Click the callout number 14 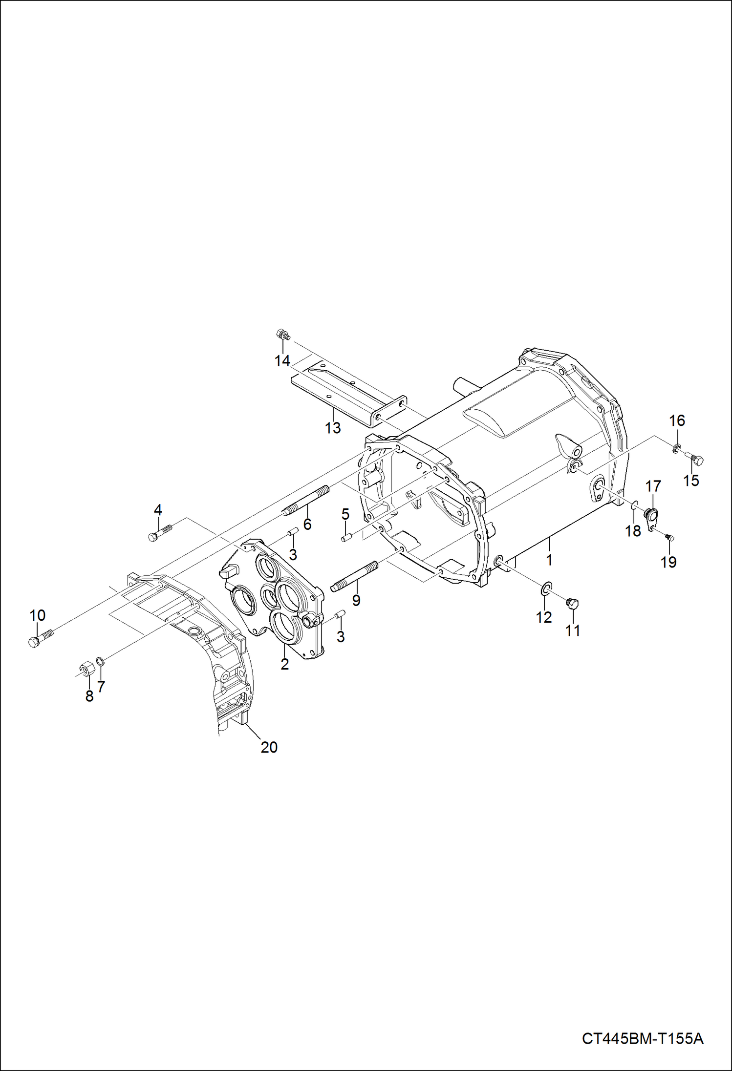[x=282, y=361]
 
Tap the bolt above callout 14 [x=282, y=335]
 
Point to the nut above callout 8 [x=87, y=668]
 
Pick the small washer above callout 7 [x=100, y=661]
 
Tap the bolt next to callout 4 [x=160, y=532]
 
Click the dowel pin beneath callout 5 [x=346, y=538]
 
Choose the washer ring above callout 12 [x=546, y=589]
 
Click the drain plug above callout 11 [x=572, y=604]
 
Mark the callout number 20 [x=269, y=747]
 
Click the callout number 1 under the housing [x=549, y=560]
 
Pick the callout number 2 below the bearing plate [x=284, y=664]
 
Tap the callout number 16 [x=677, y=420]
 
